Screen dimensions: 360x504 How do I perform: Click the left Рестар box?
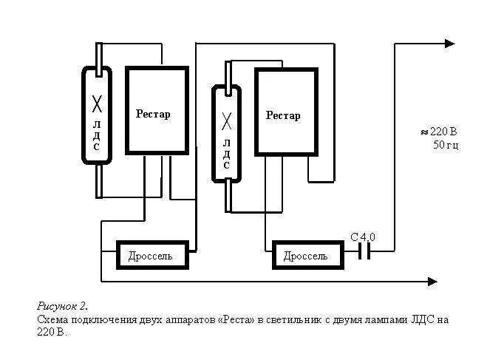(157, 111)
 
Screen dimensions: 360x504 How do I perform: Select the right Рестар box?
(286, 112)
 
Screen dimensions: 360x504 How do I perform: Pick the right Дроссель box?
(308, 256)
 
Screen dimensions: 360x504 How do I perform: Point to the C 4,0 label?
(363, 237)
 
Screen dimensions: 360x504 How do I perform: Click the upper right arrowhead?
(449, 44)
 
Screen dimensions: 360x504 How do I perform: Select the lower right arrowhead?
(432, 281)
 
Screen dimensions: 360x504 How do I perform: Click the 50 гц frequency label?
(446, 145)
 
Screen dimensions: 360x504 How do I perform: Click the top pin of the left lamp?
(98, 55)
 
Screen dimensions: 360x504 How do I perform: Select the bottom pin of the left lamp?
(98, 180)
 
